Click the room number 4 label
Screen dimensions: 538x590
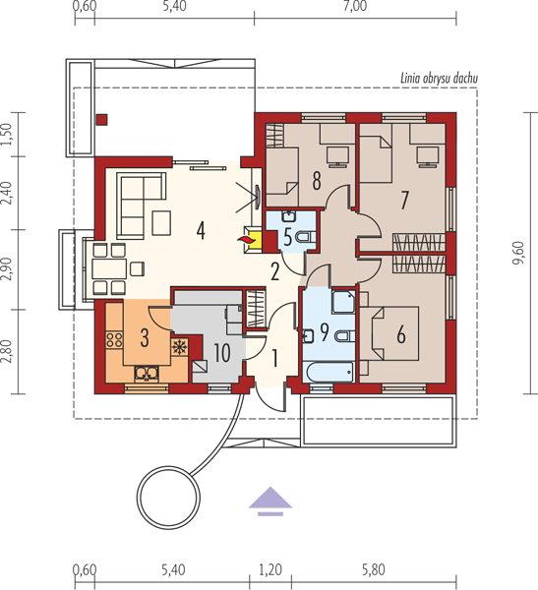[x=201, y=230]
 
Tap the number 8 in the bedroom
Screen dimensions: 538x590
[x=317, y=181]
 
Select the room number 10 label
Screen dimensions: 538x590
[x=222, y=353]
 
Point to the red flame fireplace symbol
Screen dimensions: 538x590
[x=245, y=239]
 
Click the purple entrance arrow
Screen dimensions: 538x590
[x=270, y=501]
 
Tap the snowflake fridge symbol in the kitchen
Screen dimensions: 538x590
[x=179, y=346]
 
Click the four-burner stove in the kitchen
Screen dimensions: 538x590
[x=114, y=338]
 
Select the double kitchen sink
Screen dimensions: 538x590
[x=147, y=374]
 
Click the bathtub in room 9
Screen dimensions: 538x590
[x=329, y=372]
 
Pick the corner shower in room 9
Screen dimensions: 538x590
[x=343, y=301]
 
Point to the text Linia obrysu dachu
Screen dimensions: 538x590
[x=439, y=79]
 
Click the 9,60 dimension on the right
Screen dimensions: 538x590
[x=518, y=253]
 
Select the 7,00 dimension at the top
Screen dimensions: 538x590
[x=355, y=6]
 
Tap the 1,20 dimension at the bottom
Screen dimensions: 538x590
[x=270, y=569]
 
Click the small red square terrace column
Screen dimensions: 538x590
[x=101, y=120]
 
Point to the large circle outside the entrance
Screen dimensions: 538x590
[x=168, y=498]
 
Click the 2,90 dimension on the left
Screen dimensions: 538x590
[x=7, y=269]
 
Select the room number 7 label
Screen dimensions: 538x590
[x=404, y=201]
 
